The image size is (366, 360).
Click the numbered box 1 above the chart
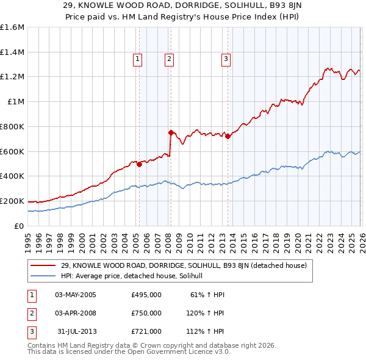138,59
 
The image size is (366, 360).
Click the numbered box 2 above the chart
169,59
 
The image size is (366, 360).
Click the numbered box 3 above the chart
226,59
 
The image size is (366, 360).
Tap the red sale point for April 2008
171,132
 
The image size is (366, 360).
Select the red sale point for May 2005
139,164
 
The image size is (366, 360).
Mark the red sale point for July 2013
228,136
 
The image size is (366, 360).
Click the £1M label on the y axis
16,102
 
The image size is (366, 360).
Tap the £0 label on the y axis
20,226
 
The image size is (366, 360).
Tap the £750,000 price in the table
146,313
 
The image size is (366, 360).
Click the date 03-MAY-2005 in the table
75,295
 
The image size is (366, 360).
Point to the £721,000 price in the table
146,331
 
